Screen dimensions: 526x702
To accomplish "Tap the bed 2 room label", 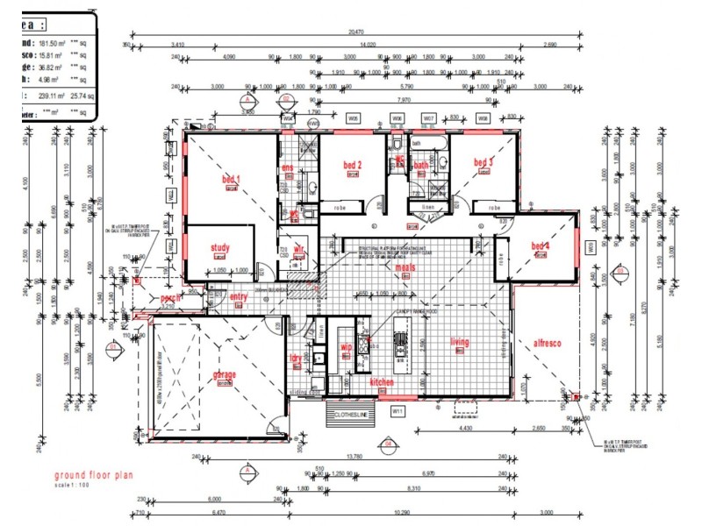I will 352,165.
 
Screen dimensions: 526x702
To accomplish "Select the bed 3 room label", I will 484,162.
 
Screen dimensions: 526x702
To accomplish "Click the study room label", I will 219,248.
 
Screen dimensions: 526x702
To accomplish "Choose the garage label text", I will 224,374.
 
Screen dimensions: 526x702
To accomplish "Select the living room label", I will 460,343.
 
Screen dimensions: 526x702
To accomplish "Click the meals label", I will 405,267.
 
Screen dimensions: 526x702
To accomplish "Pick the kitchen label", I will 382,383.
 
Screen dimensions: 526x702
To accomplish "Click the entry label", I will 239,298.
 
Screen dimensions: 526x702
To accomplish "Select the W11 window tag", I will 396,409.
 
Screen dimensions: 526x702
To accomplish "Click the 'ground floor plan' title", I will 92,476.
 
